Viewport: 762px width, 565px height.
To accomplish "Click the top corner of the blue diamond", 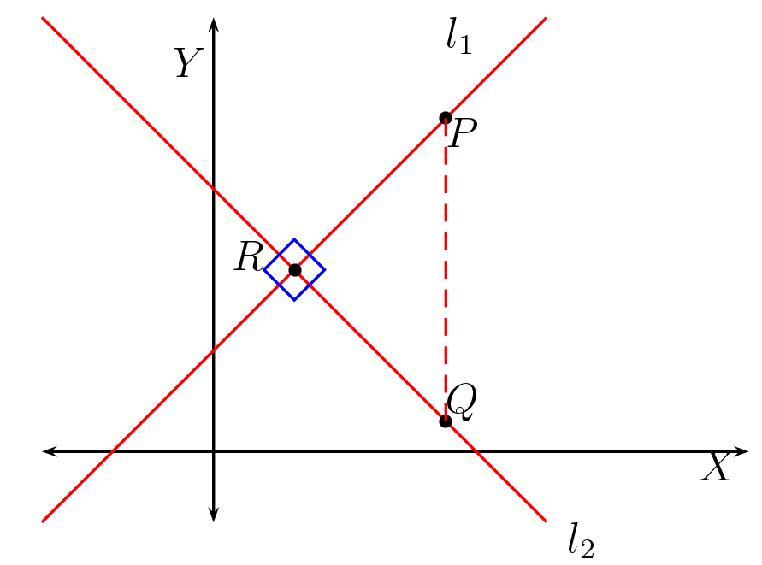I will (x=294, y=240).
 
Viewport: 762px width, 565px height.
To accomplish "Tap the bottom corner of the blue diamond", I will (x=294, y=300).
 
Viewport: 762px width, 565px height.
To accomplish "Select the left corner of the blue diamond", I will (x=264, y=270).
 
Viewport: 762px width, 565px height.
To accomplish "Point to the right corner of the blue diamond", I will (x=324, y=270).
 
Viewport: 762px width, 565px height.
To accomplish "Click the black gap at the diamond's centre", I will (x=294, y=270).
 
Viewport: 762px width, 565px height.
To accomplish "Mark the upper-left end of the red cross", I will (x=43, y=18).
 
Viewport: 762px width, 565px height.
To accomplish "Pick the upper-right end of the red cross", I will (x=546, y=18).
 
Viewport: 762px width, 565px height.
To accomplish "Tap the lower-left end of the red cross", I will (x=43, y=521).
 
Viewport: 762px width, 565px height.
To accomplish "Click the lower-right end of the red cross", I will (x=546, y=521).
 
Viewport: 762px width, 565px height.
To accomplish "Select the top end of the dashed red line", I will (x=446, y=118).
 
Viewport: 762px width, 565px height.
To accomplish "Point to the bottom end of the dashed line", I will (x=446, y=421).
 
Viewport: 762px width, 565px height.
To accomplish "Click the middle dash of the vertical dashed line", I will (x=446, y=270).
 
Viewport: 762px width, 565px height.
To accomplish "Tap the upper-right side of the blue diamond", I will (x=310, y=255).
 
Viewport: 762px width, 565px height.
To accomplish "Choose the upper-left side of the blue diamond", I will (x=279, y=255).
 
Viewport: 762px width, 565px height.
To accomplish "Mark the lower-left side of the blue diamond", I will (x=279, y=285).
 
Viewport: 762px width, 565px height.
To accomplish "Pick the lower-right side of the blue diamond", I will (x=310, y=285).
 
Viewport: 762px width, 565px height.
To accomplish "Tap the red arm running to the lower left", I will (x=162, y=402).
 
